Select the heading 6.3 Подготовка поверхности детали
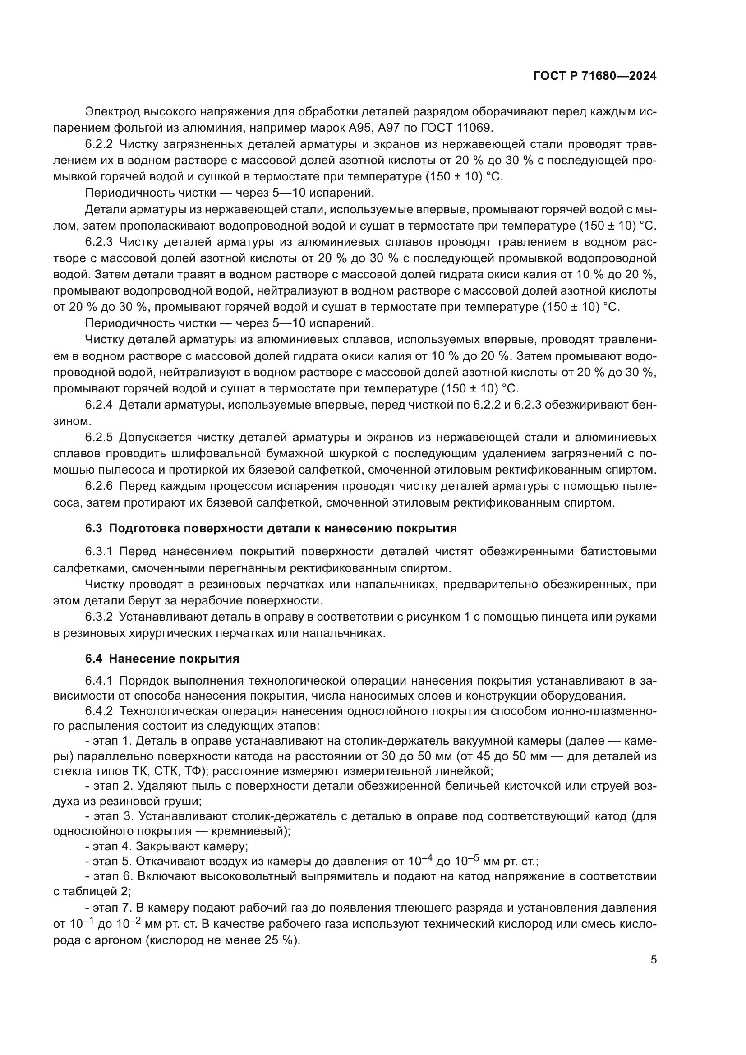[x=271, y=529]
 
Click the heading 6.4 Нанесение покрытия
[x=162, y=659]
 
